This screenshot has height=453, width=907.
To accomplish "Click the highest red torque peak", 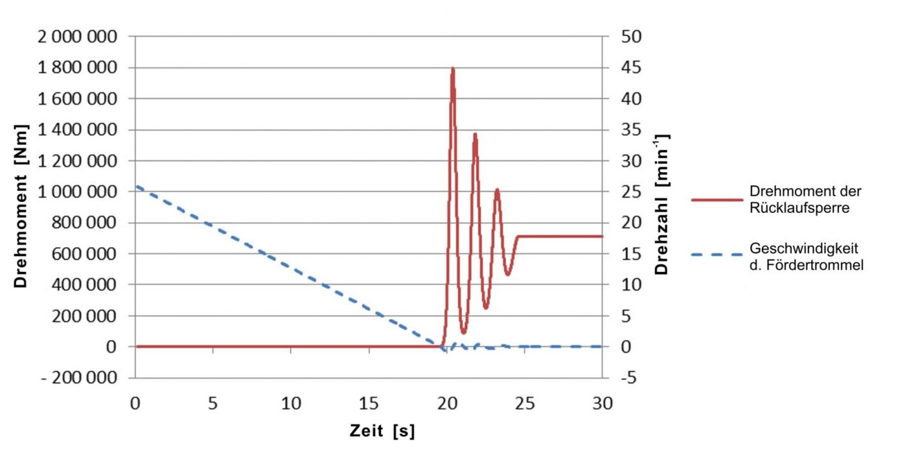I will pos(452,69).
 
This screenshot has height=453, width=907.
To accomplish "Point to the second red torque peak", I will pos(475,135).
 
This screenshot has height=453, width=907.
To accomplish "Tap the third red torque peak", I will pos(497,190).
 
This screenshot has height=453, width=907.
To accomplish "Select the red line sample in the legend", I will pos(717,200).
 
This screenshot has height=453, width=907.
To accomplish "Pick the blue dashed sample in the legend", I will pos(717,255).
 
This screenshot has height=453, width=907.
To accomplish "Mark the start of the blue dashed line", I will pos(137,187).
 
